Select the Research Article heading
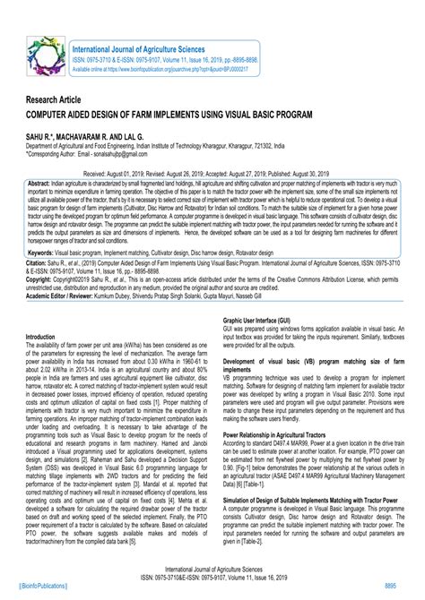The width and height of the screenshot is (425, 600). [x=56, y=102]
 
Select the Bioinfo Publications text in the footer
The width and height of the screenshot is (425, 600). [x=40, y=582]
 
